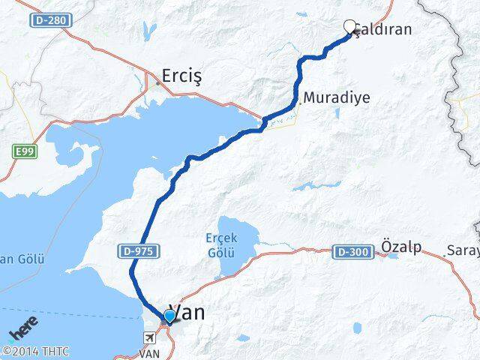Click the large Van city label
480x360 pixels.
click(x=188, y=313)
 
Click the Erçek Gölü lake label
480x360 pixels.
click(x=221, y=244)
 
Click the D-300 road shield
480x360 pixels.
click(x=353, y=252)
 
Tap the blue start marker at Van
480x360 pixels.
click(x=169, y=316)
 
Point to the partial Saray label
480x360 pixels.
click(x=462, y=250)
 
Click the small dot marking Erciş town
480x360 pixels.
click(x=157, y=83)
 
